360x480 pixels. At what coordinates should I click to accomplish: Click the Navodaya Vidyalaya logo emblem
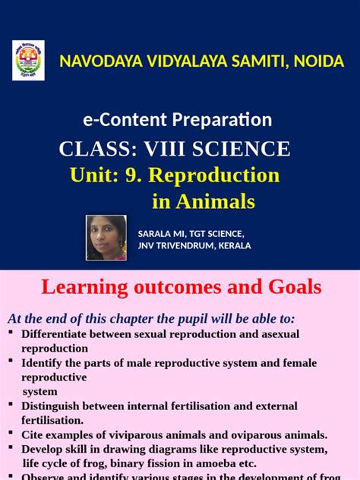(x=29, y=61)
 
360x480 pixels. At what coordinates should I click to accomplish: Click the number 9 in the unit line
(x=134, y=175)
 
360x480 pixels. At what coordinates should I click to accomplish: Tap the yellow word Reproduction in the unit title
(x=214, y=175)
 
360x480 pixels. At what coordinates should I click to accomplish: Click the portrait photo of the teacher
(x=106, y=237)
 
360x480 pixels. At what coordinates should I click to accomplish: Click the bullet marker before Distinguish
(x=11, y=404)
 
